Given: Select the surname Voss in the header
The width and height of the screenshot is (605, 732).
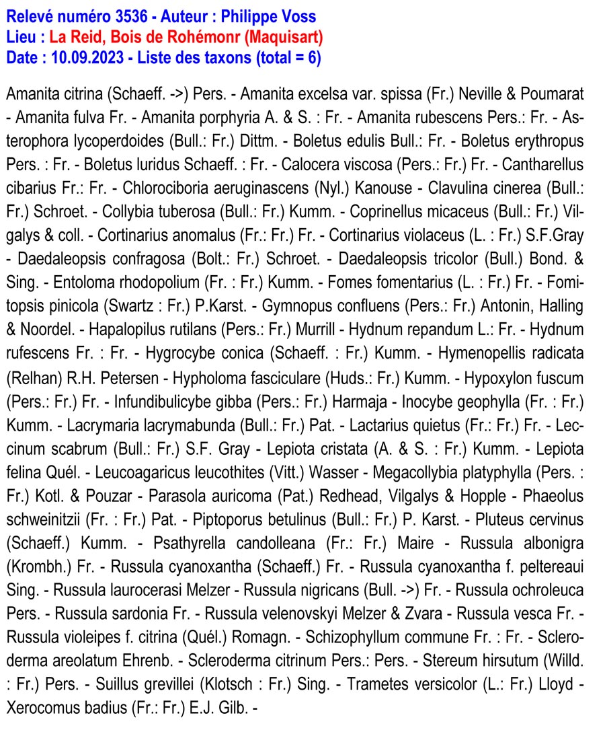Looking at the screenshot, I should coord(297,16).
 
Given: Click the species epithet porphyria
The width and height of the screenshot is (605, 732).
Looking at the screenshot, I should coord(218,118).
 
